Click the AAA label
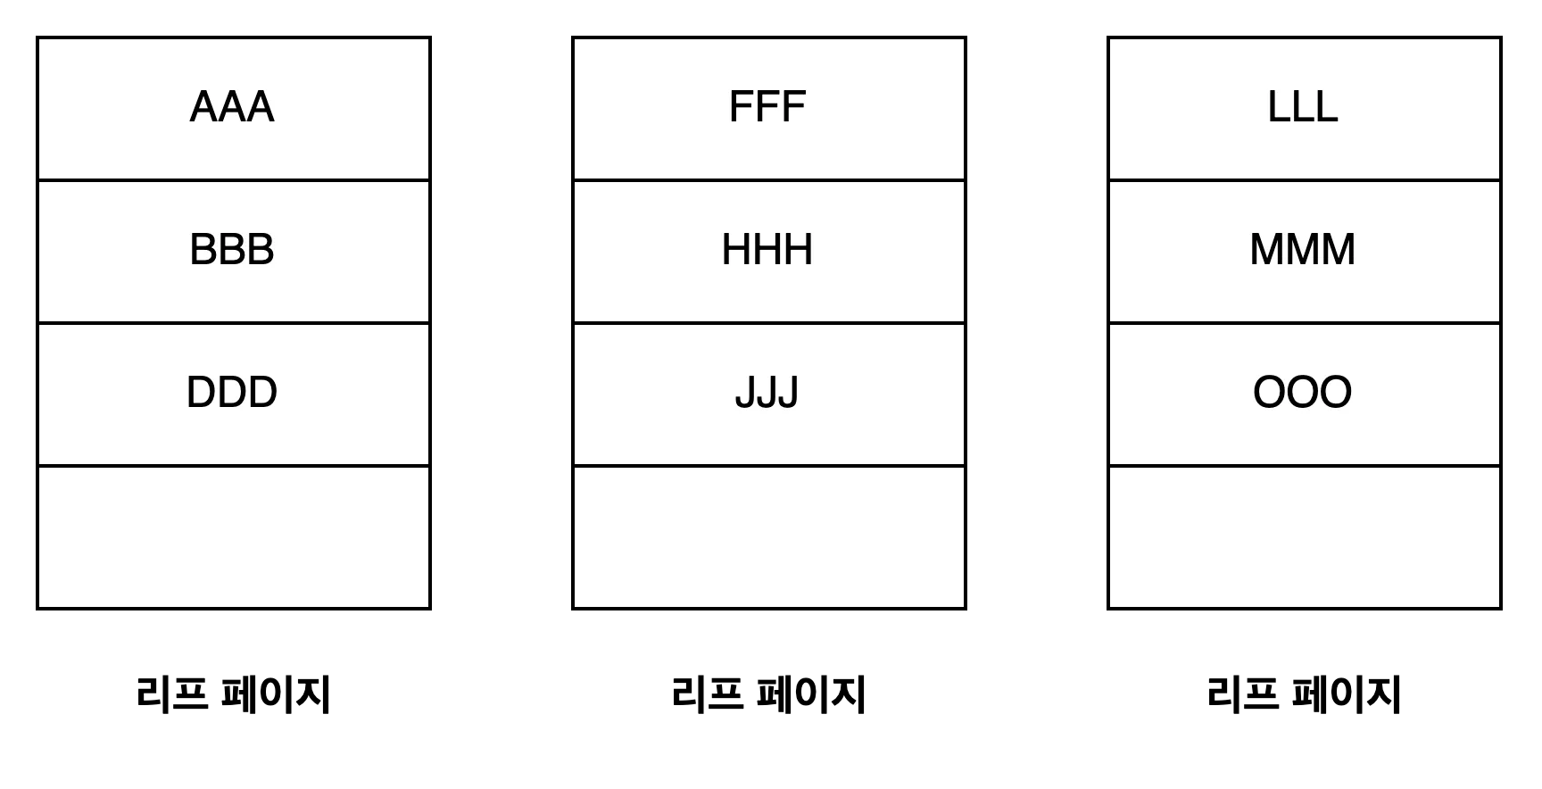pyautogui.click(x=232, y=107)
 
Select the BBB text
pyautogui.click(x=232, y=250)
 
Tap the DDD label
pyautogui.click(x=232, y=393)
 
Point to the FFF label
pyautogui.click(x=767, y=107)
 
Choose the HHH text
pyautogui.click(x=767, y=250)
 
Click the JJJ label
pyautogui.click(x=767, y=393)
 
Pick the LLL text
pyautogui.click(x=1303, y=107)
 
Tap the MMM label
pyautogui.click(x=1303, y=250)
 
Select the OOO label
pyautogui.click(x=1303, y=393)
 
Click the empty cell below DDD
pyautogui.click(x=234, y=536)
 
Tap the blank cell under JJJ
pyautogui.click(x=769, y=536)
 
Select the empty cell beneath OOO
pyautogui.click(x=1305, y=536)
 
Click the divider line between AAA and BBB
pyautogui.click(x=234, y=180)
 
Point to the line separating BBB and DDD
pyautogui.click(x=234, y=323)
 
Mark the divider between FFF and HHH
pyautogui.click(x=769, y=180)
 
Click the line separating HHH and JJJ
pyautogui.click(x=769, y=323)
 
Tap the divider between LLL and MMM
pyautogui.click(x=1305, y=180)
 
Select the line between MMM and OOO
pyautogui.click(x=1305, y=323)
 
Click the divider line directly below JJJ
pyautogui.click(x=769, y=466)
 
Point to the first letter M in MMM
pyautogui.click(x=1266, y=250)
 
